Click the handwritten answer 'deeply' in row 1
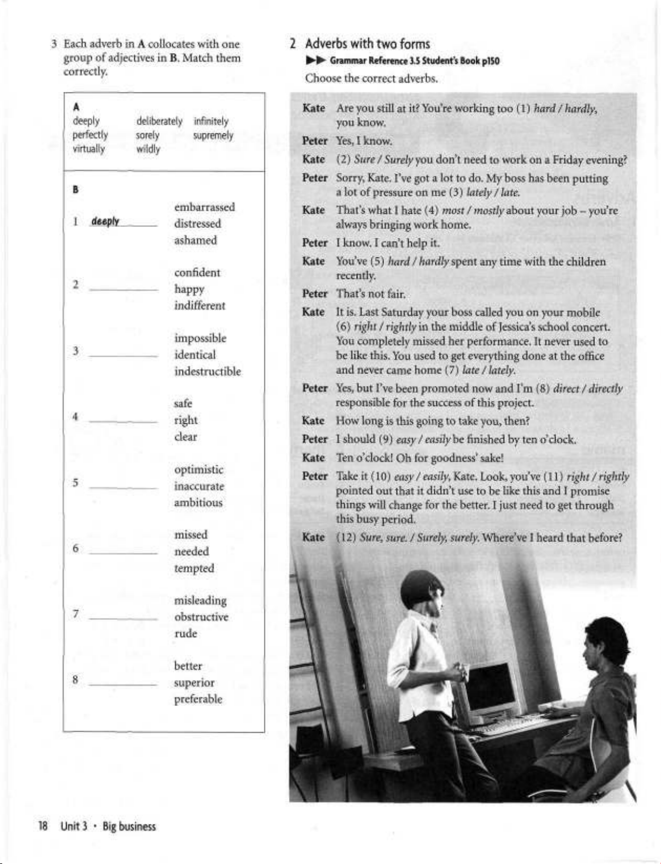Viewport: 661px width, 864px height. click(105, 221)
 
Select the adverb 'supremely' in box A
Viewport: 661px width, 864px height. click(213, 135)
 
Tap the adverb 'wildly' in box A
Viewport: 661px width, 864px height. click(148, 149)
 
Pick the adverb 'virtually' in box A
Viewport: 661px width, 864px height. click(88, 149)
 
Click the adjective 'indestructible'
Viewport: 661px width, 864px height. click(208, 371)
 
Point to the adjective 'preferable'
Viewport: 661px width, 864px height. click(198, 699)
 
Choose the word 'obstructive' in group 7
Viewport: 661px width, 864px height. click(201, 617)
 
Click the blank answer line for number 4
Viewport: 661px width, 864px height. click(123, 422)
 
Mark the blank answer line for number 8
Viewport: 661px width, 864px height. click(123, 684)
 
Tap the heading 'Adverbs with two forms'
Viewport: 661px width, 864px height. click(367, 44)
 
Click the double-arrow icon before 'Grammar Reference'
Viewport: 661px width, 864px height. click(316, 61)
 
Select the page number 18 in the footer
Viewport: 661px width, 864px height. click(43, 826)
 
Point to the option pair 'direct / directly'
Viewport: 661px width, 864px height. click(588, 389)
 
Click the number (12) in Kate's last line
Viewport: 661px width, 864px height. click(346, 538)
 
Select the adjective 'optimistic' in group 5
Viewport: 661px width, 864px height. click(199, 470)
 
